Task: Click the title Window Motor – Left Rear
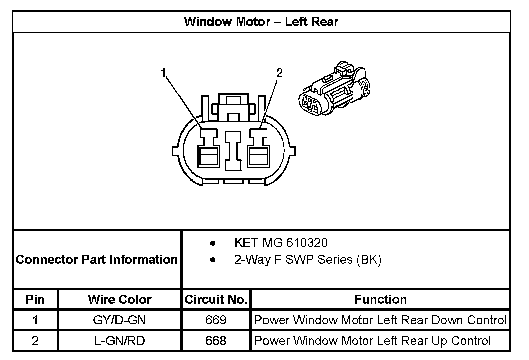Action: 261,21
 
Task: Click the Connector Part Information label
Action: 97,260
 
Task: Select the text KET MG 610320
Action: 281,243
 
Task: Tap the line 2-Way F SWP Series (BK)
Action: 308,260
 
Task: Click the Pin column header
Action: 35,300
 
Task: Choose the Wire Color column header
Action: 119,300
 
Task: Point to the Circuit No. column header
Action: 216,300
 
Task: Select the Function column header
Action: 380,300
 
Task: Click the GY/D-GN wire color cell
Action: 119,320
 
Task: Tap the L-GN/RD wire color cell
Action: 119,341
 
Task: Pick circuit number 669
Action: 216,320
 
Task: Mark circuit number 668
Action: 216,341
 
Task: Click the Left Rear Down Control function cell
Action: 380,320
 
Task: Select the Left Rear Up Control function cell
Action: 373,341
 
